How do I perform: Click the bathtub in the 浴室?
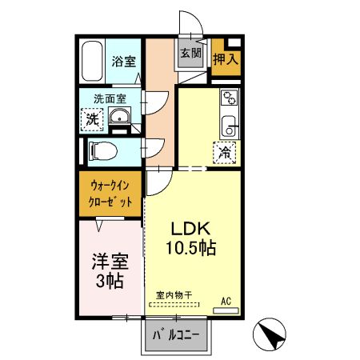click(x=92, y=61)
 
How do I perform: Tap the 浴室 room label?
click(x=124, y=62)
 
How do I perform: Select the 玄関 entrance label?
click(x=191, y=53)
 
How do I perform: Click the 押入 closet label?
click(x=226, y=59)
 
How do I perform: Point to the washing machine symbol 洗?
click(x=92, y=119)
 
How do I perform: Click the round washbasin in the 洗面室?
click(x=119, y=116)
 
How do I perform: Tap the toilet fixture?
click(x=103, y=151)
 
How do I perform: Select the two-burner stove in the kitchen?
click(x=230, y=98)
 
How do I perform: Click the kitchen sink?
click(x=229, y=126)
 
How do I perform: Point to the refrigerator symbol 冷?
click(x=225, y=153)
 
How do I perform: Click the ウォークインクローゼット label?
click(x=110, y=194)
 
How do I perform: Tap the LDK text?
click(x=190, y=229)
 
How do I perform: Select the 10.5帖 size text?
click(x=191, y=248)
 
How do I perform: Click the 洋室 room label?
click(x=110, y=262)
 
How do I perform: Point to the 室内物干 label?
click(x=174, y=295)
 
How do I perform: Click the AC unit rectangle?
click(x=226, y=310)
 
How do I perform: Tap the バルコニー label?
click(x=176, y=335)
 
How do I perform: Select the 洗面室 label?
click(x=110, y=99)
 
